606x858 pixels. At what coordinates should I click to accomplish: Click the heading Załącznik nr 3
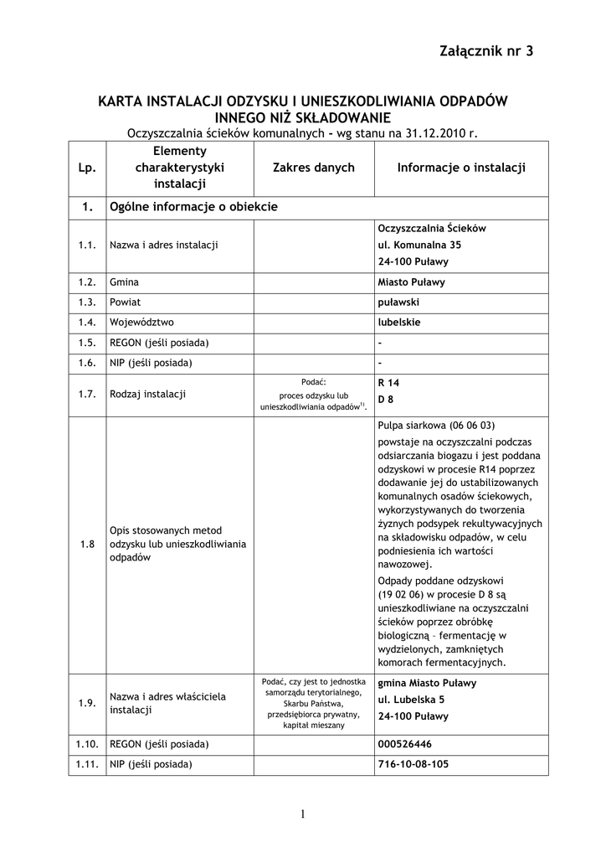pyautogui.click(x=485, y=52)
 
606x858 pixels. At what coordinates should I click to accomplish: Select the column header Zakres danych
pyautogui.click(x=314, y=168)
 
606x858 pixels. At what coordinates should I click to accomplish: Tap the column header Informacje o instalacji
pyautogui.click(x=461, y=168)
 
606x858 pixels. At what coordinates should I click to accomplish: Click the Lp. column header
pyautogui.click(x=87, y=168)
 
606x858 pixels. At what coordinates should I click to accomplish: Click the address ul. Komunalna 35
pyautogui.click(x=419, y=245)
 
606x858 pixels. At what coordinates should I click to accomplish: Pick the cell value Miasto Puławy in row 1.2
pyautogui.click(x=412, y=282)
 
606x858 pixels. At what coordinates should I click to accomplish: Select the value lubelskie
pyautogui.click(x=399, y=322)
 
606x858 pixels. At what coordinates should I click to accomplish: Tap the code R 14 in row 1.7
pyautogui.click(x=389, y=383)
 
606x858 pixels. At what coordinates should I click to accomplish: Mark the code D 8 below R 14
pyautogui.click(x=386, y=400)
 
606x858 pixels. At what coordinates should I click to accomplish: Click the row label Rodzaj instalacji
pyautogui.click(x=147, y=393)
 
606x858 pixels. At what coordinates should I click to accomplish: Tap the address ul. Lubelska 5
pyautogui.click(x=411, y=700)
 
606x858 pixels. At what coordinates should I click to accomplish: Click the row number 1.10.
pyautogui.click(x=87, y=744)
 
